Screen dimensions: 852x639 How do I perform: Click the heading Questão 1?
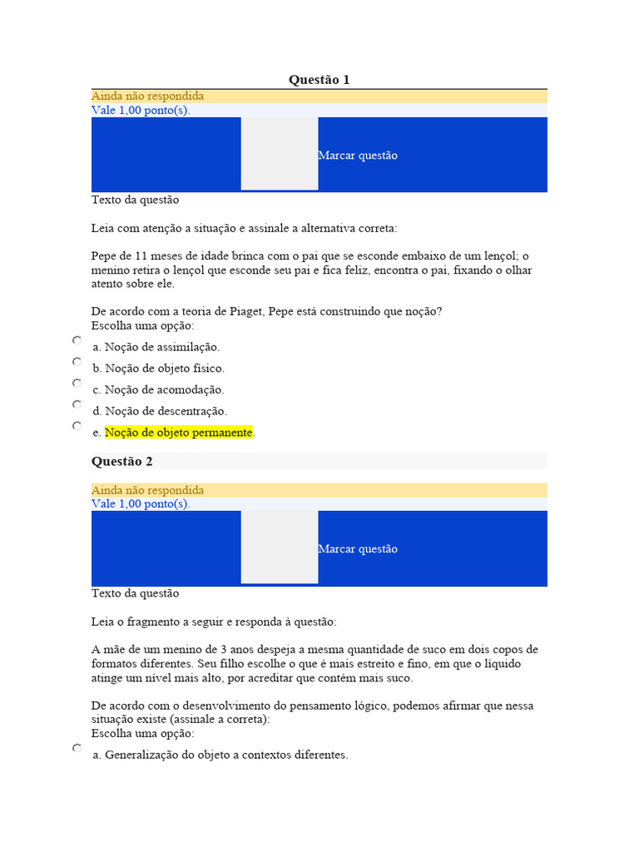click(x=319, y=80)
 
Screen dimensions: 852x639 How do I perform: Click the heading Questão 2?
click(x=121, y=461)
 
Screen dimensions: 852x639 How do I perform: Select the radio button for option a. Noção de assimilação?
click(x=77, y=341)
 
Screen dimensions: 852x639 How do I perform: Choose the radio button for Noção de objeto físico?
click(x=77, y=362)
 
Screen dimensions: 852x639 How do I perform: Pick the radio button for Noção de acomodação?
click(x=77, y=384)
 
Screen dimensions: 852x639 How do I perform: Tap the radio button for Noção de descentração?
click(x=77, y=404)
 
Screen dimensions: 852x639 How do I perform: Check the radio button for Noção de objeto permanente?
click(x=77, y=426)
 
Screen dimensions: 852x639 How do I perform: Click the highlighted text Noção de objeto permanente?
click(x=178, y=433)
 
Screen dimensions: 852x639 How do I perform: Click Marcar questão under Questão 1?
click(x=358, y=156)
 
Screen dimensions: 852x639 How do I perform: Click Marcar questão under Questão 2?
click(x=358, y=549)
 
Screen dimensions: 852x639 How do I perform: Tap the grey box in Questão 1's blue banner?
click(x=280, y=154)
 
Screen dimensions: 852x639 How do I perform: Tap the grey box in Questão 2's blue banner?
click(x=280, y=547)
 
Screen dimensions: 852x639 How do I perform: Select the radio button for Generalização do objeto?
click(x=77, y=749)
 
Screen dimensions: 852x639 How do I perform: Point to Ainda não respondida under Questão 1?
click(x=147, y=97)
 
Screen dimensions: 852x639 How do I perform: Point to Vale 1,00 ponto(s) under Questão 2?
click(x=141, y=504)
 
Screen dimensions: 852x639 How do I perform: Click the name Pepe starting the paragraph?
click(x=104, y=255)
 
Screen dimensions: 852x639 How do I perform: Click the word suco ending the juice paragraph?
click(x=400, y=678)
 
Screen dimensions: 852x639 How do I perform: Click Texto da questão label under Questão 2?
click(x=135, y=593)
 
